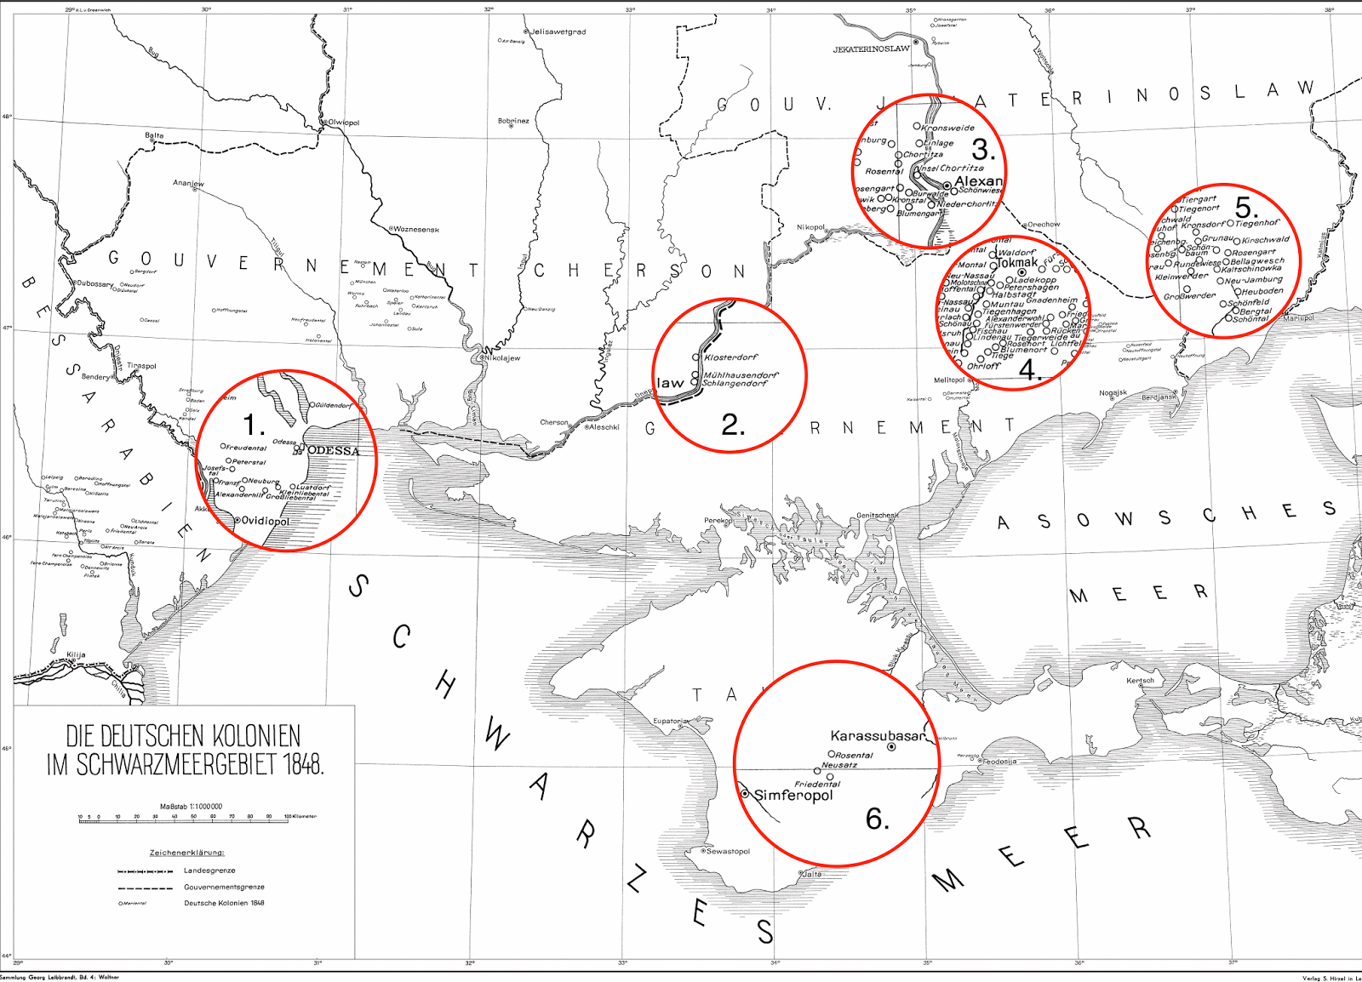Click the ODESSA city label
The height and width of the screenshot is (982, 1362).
point(333,451)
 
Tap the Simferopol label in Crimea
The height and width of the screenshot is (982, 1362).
point(793,796)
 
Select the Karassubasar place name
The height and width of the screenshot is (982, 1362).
point(877,736)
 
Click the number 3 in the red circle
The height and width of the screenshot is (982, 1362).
point(983,151)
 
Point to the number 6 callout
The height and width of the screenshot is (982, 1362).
point(878,819)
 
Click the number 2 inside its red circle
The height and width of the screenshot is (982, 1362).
point(733,425)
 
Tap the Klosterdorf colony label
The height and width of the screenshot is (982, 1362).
point(730,357)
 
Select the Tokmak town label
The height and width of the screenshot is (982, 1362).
point(1017,263)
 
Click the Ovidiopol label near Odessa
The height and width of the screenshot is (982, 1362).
point(265,521)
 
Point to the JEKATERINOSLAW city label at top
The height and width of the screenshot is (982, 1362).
point(871,49)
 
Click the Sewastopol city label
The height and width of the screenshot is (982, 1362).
point(728,851)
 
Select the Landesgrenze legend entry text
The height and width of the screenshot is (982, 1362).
point(209,871)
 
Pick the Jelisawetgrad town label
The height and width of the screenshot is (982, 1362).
point(558,32)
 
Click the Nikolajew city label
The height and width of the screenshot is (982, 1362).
point(502,358)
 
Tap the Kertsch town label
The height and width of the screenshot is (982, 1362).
point(1141,681)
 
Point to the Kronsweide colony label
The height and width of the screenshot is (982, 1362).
point(947,128)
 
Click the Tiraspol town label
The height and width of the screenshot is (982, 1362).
point(141,366)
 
